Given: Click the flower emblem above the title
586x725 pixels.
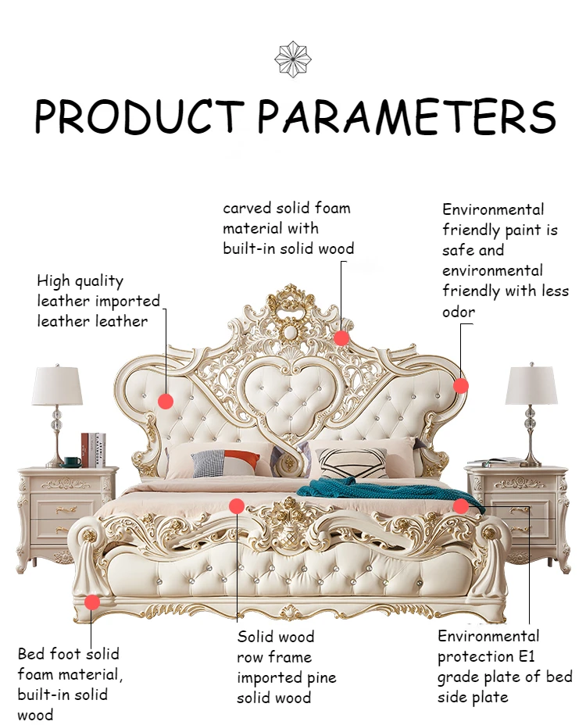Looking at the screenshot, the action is click(293, 59).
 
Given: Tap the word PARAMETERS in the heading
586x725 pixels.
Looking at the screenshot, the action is click(406, 117).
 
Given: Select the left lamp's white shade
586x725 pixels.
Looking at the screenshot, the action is click(57, 386).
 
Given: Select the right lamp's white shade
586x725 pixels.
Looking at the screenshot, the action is click(531, 384).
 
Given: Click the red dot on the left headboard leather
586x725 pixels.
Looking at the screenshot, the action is click(165, 401).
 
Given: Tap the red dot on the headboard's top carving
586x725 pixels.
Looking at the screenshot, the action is click(341, 337).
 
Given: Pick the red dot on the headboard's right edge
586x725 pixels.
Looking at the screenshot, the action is click(461, 385).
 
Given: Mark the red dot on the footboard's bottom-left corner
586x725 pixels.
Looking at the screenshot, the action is click(92, 602).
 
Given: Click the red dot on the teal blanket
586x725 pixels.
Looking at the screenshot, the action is click(461, 505).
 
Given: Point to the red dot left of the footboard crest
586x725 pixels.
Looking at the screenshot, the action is click(237, 505).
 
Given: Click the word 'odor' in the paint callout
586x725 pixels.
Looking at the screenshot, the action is click(459, 312).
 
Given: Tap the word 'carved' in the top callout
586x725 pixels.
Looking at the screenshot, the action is click(247, 209).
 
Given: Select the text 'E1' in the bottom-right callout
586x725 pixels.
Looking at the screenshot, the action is click(521, 656).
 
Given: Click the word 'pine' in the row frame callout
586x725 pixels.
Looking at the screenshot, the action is click(322, 677).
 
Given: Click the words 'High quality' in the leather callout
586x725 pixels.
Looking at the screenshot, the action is click(80, 280).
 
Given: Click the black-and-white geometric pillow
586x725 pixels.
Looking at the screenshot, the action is click(350, 462).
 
